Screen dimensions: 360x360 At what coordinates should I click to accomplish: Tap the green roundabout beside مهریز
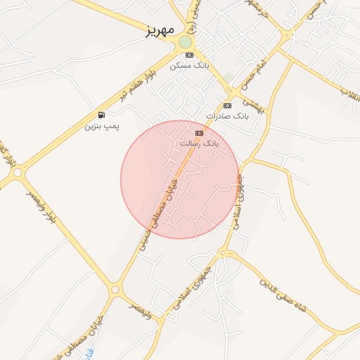coord(185,42)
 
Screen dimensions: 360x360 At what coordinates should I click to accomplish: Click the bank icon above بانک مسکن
coord(189,55)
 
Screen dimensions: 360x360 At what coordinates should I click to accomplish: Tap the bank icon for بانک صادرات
coord(226,105)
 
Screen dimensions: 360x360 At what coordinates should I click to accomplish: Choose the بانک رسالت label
coord(200,143)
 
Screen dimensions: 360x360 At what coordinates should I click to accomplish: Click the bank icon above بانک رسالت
coord(199,132)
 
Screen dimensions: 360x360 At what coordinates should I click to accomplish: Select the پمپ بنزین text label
coord(103,126)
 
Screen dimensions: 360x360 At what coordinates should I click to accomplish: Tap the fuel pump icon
coord(103,115)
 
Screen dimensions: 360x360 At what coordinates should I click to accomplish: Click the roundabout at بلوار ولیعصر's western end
coord(17,172)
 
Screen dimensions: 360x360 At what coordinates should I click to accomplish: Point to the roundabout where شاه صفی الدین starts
coord(224,252)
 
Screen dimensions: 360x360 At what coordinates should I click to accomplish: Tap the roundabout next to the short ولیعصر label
coord(115,289)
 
